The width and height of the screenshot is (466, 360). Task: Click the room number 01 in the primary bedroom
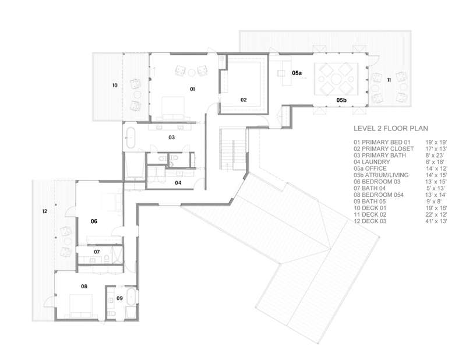(192, 89)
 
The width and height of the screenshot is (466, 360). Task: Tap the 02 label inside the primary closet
(243, 100)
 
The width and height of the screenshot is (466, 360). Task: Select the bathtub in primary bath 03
(130, 137)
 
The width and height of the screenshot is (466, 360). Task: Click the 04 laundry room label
(178, 183)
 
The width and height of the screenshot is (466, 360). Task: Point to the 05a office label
(296, 73)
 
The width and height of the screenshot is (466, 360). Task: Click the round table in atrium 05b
(337, 79)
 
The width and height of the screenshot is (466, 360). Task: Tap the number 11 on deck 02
(389, 80)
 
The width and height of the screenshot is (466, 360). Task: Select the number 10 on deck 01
(115, 85)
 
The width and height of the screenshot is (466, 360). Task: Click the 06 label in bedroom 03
(94, 221)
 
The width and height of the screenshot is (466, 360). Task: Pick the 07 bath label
(97, 252)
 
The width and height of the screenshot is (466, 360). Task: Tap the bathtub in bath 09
(130, 296)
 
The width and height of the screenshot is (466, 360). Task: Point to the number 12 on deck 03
(45, 211)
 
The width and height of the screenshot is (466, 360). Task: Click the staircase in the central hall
(233, 149)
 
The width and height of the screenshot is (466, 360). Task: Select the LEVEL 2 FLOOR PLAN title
(391, 128)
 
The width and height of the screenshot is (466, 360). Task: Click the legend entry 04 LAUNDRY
(372, 162)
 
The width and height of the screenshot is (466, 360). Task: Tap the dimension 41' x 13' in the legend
(436, 221)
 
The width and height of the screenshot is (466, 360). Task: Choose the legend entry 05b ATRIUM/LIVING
(381, 175)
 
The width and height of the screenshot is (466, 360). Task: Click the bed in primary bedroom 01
(173, 108)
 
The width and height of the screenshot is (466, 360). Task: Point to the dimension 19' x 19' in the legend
(436, 142)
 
